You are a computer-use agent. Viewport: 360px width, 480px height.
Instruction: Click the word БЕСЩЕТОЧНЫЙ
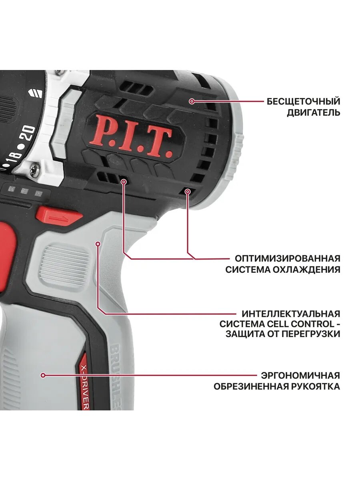pos(304,101)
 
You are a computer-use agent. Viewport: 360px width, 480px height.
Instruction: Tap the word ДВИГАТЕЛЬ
pos(314,112)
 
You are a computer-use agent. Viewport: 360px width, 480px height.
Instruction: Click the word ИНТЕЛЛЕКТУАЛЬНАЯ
pos(291,313)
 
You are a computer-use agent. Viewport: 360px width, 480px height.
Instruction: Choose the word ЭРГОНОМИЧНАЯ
pos(300,376)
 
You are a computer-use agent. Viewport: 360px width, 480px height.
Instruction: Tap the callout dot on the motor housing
pos(192,101)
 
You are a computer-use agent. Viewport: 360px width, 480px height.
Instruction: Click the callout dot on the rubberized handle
pos(43,375)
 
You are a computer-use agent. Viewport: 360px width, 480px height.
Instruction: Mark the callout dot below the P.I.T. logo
pos(124,182)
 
